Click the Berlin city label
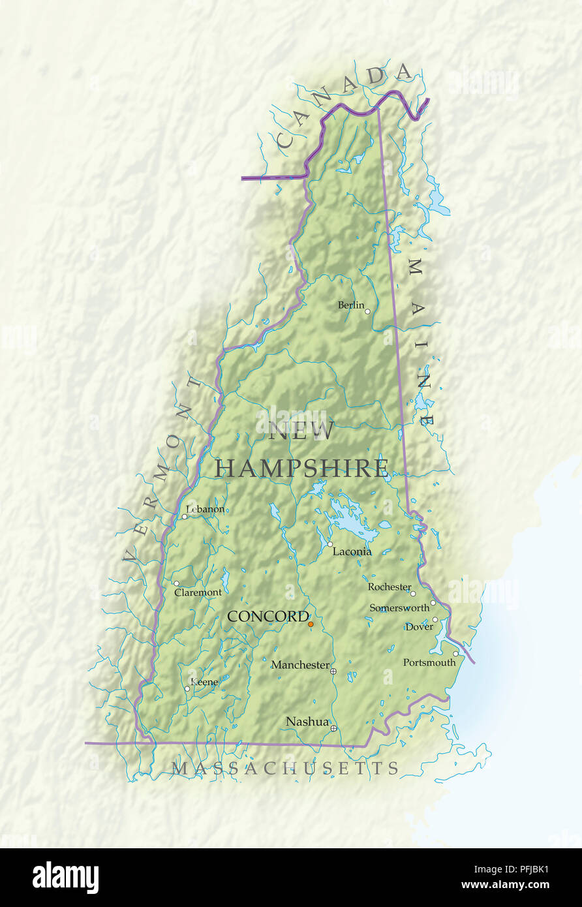click(350, 305)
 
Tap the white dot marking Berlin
click(367, 312)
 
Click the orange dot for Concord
click(311, 624)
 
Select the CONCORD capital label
click(268, 617)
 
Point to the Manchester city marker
click(333, 671)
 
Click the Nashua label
click(307, 721)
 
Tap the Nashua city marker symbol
click(333, 728)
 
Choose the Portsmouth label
click(429, 662)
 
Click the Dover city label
click(419, 627)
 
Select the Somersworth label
click(399, 607)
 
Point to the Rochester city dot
click(412, 594)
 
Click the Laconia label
click(352, 551)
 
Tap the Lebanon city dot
click(184, 517)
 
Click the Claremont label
click(198, 592)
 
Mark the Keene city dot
click(187, 688)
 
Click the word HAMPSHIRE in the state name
click(302, 469)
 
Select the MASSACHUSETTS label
click(285, 769)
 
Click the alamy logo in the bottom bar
click(65, 878)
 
